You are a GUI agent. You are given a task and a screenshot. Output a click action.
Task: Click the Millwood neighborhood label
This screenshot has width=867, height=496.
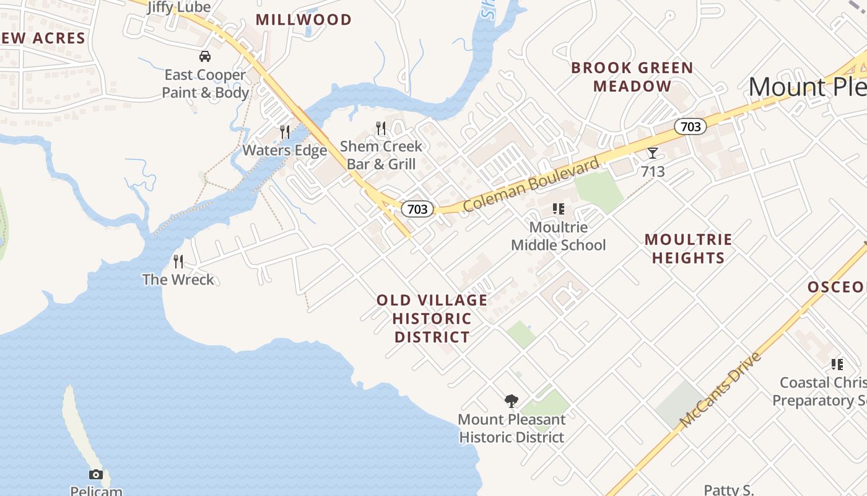[x=303, y=20]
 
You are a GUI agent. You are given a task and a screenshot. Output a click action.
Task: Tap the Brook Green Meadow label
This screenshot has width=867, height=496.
[x=632, y=77]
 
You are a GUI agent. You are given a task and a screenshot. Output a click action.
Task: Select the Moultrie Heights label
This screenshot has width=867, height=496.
[x=688, y=249]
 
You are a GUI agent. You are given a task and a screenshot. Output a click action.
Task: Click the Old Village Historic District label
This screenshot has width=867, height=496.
[x=432, y=319]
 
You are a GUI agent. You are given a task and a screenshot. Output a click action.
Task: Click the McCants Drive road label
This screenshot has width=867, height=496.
[x=720, y=391]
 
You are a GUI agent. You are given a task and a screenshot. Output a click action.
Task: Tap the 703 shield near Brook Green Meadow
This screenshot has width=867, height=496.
[x=691, y=127]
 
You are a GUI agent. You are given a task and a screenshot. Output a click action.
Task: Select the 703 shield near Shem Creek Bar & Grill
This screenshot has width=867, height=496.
[x=417, y=209]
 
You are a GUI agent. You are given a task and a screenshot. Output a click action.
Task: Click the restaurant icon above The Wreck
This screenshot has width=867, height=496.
[x=178, y=262]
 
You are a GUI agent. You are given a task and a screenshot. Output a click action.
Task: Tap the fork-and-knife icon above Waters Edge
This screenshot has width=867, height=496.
[x=285, y=132]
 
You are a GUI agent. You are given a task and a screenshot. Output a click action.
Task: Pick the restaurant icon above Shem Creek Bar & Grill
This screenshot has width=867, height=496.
[x=381, y=128]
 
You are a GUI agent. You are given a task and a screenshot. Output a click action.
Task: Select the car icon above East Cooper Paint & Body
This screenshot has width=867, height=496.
[x=205, y=57]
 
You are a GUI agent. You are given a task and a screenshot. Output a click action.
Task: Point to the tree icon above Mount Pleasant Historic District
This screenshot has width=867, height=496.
[x=511, y=401]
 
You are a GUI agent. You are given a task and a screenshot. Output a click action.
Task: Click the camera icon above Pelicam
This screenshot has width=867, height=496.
[x=96, y=474]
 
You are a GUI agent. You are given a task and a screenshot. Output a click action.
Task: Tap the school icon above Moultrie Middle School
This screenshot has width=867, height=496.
[x=559, y=210]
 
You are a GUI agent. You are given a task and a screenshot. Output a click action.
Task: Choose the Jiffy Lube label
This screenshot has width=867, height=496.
[x=178, y=7]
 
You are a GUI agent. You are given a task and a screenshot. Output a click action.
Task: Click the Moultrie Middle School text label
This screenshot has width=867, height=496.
[x=558, y=236]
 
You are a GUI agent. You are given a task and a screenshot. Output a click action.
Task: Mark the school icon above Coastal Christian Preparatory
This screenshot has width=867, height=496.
[x=837, y=365]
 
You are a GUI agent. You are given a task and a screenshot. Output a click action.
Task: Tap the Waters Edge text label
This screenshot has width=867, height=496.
[x=284, y=151]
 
